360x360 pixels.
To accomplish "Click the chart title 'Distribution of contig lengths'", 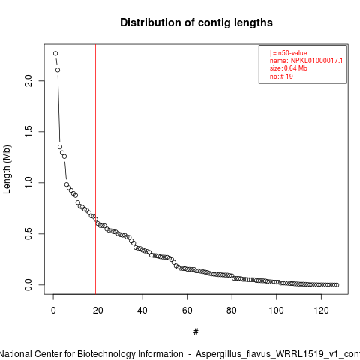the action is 196,22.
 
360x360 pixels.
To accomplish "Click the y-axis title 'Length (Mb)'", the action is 7,169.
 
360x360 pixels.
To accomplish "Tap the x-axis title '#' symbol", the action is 196,332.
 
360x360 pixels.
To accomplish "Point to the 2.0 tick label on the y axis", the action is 28,80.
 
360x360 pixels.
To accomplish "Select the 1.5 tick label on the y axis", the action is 28,131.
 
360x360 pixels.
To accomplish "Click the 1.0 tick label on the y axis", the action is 28,182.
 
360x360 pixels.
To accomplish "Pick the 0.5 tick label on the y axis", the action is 28,233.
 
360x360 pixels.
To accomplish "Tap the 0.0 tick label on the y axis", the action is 28,284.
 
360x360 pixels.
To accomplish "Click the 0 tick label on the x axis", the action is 53,310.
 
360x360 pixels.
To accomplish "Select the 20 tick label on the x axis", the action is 97,310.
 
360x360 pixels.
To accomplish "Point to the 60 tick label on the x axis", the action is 187,310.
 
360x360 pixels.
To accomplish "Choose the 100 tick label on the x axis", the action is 276,310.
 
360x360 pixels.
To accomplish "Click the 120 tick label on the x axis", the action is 321,310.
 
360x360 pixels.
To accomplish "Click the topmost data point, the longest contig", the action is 55,53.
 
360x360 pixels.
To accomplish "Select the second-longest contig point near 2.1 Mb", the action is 58,70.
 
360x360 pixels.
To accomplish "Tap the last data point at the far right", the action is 337,285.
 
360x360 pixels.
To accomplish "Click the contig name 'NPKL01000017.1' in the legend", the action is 316,61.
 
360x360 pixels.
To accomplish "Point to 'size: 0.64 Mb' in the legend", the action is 288,68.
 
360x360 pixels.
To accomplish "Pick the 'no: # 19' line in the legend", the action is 281,76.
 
